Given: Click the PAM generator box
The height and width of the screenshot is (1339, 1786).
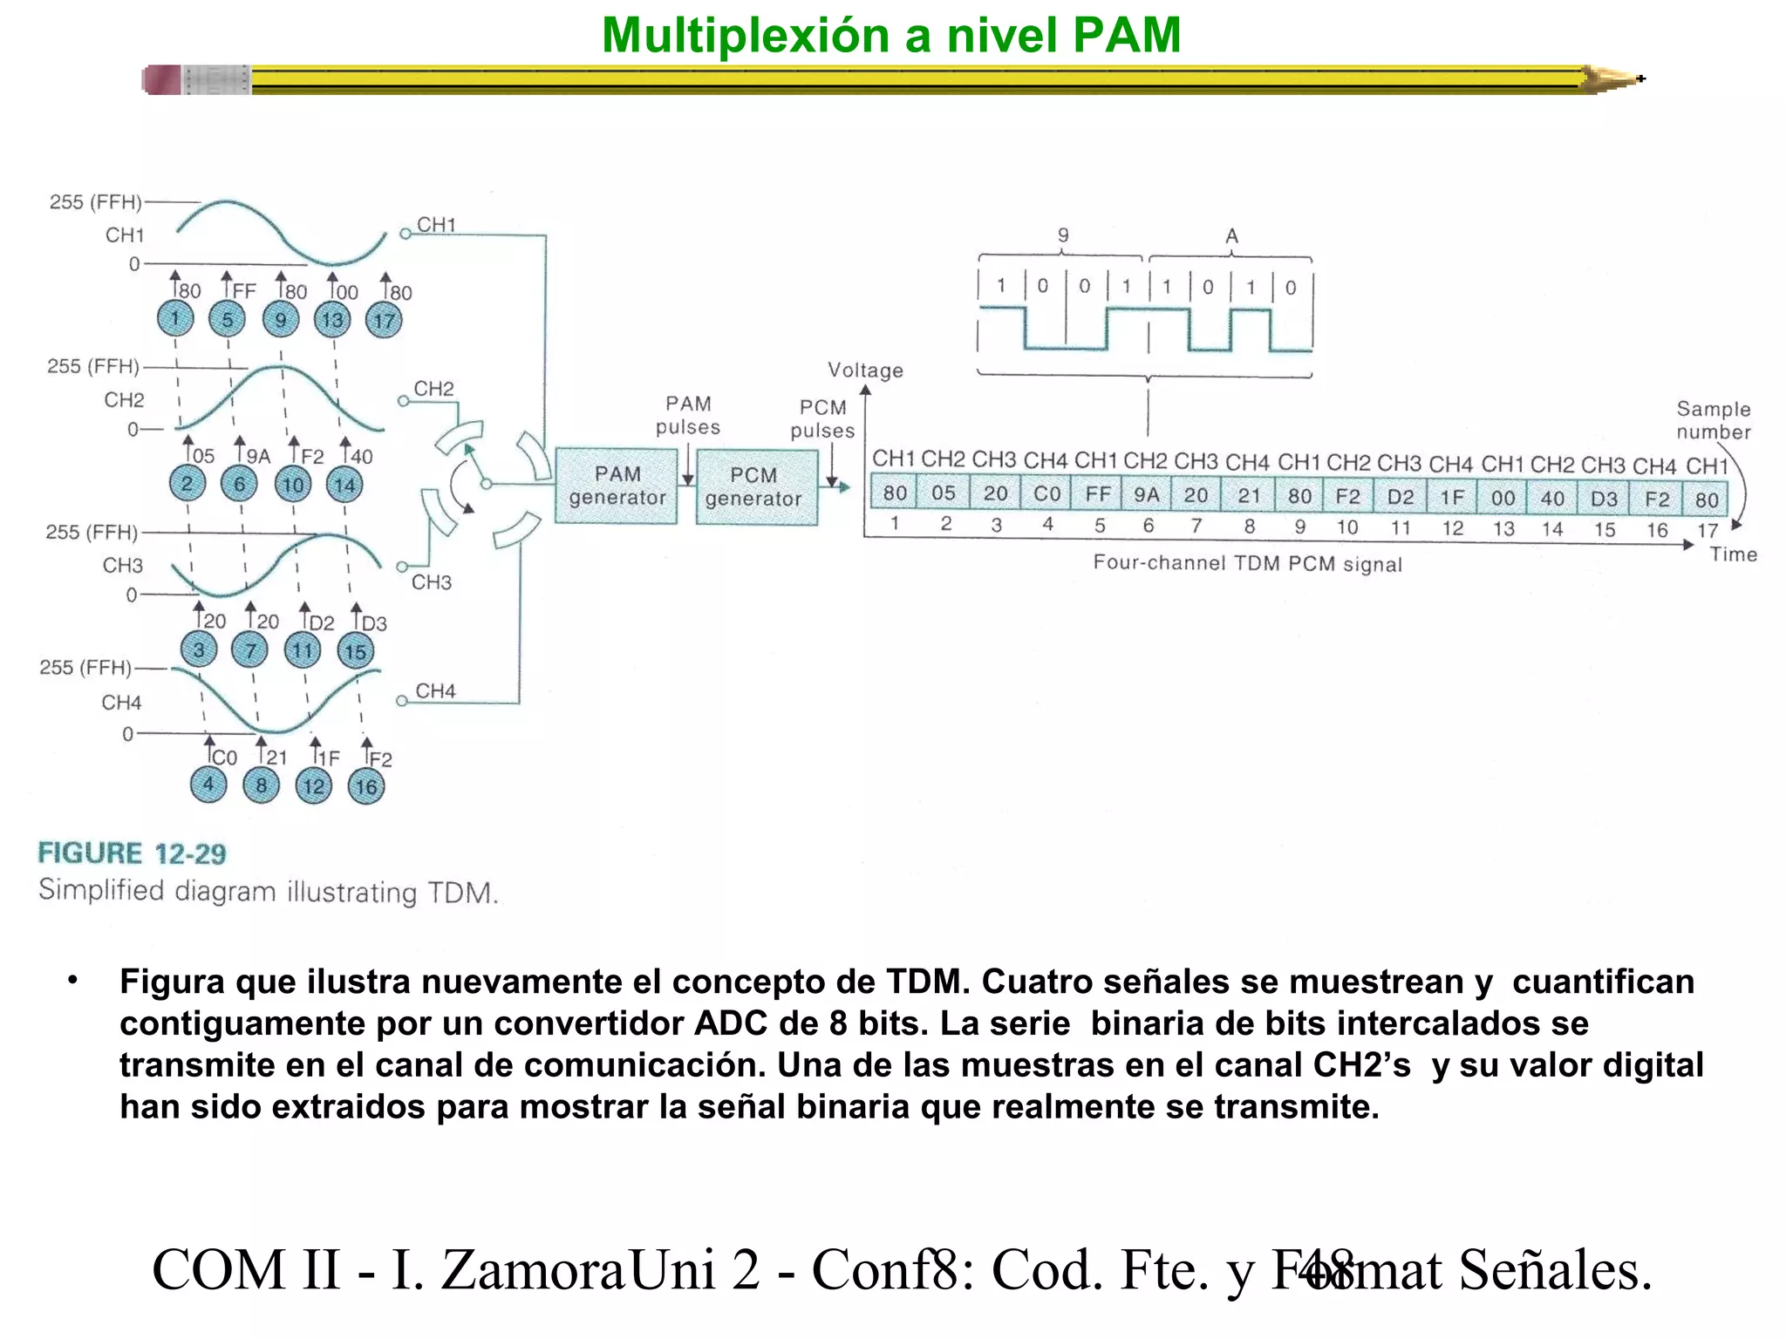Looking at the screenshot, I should click(x=616, y=486).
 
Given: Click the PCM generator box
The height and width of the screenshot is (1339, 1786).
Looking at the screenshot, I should click(x=756, y=486).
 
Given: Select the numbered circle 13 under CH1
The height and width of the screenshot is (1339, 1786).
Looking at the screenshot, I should click(x=332, y=320).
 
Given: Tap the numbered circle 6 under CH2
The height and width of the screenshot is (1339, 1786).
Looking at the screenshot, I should click(x=239, y=484).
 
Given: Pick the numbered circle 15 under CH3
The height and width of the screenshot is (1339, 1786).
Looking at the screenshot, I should click(x=355, y=651).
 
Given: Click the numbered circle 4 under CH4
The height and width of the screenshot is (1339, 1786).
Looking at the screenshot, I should click(x=208, y=784).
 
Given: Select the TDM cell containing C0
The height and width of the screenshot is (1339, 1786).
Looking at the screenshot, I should click(x=1046, y=494).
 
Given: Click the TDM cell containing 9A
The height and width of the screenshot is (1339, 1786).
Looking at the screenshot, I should click(x=1147, y=495).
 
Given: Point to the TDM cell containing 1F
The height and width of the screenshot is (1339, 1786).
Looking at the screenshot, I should click(x=1452, y=497).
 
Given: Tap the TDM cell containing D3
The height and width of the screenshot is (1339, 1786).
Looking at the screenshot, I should click(x=1605, y=499).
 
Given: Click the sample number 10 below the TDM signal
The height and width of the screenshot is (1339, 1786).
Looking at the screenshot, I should click(x=1347, y=527).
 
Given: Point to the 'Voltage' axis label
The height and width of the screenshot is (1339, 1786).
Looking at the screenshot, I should click(x=865, y=370).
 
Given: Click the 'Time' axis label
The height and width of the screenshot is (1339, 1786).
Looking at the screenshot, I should click(x=1733, y=554).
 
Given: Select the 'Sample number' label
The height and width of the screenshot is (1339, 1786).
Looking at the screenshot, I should click(x=1713, y=420).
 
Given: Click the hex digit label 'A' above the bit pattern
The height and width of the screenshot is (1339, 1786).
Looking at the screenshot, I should click(x=1231, y=236).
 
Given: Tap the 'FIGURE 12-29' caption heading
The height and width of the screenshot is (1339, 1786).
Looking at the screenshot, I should click(x=132, y=853).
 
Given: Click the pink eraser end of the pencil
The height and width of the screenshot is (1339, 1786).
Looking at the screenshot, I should click(x=161, y=80).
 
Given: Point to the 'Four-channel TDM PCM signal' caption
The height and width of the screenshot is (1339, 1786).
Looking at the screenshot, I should click(x=1247, y=563).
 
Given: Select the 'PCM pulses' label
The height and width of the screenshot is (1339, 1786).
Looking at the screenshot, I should click(x=822, y=418).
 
